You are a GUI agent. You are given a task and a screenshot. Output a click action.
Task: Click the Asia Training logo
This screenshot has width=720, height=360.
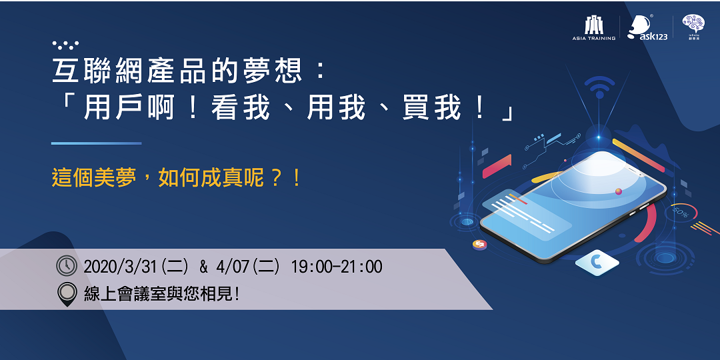[593, 28]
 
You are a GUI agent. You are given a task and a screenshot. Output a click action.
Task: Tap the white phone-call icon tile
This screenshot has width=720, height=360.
[597, 263]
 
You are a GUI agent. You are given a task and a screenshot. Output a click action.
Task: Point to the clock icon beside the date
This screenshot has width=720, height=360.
[67, 266]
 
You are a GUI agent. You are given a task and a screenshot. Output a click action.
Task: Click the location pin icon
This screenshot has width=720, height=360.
[67, 294]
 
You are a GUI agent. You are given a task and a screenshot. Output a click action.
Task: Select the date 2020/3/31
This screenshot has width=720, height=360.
[120, 267]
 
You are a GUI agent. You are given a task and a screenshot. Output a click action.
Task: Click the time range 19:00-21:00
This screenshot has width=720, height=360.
[337, 267]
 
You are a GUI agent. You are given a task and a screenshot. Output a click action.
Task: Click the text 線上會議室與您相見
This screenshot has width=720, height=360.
[161, 294]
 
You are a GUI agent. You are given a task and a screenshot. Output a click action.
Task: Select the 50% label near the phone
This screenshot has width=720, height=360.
[681, 211]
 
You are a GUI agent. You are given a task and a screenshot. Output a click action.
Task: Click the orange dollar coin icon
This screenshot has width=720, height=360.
[479, 245]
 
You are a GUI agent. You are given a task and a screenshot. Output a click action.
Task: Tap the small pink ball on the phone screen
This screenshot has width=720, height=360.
[619, 191]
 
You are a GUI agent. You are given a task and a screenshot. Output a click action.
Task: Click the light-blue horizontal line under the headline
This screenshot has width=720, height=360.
[96, 143]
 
